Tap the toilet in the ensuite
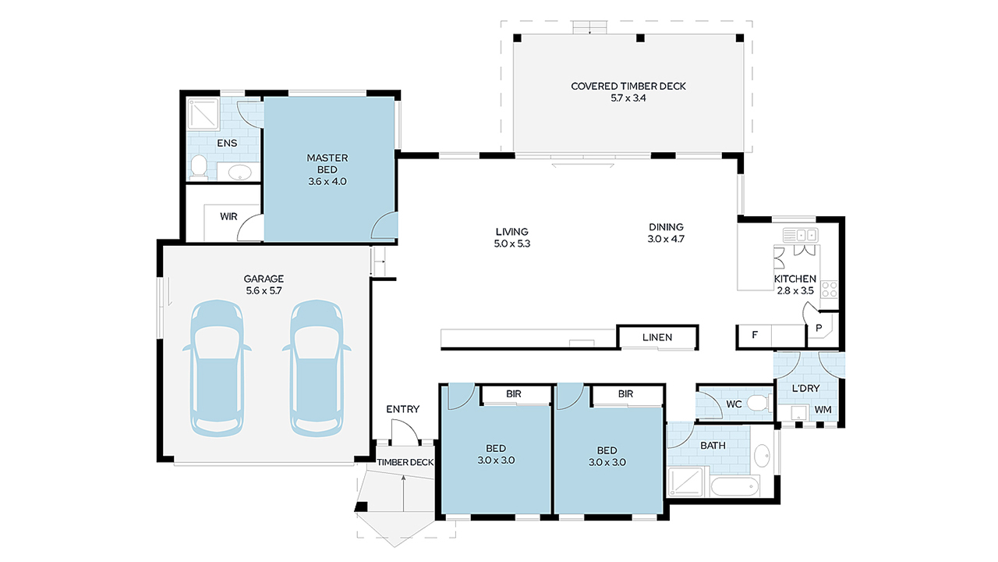tap(199, 166)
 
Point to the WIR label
tap(228, 216)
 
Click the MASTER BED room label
tap(327, 169)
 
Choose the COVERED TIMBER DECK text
tap(628, 92)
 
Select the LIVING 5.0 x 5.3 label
tap(511, 237)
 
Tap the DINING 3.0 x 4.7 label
tap(666, 233)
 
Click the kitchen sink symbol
tap(800, 234)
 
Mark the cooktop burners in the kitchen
tap(830, 290)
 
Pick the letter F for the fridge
tap(755, 336)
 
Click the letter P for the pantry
tap(819, 329)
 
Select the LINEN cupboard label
tap(657, 337)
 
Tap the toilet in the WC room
tap(756, 404)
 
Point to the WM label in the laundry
tap(823, 409)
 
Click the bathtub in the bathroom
tap(735, 486)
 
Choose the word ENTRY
tap(402, 409)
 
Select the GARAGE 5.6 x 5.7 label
tap(264, 284)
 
